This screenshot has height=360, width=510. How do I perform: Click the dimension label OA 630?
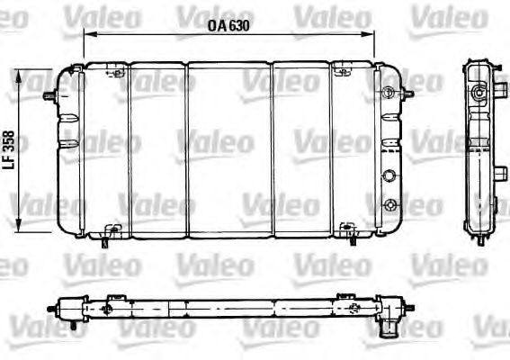(x=228, y=25)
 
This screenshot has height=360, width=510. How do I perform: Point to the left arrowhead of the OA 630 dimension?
(x=87, y=33)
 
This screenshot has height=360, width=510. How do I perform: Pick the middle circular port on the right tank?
(x=390, y=176)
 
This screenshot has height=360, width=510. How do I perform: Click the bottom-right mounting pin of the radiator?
(x=346, y=236)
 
